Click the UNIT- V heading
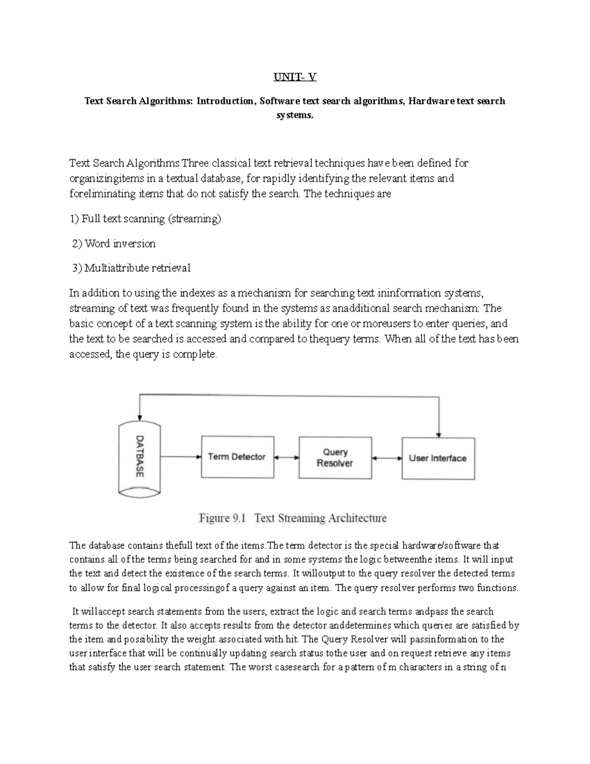(x=295, y=77)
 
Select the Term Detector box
(x=237, y=457)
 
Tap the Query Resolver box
(x=335, y=458)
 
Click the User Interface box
(x=438, y=458)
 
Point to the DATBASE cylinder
(x=140, y=457)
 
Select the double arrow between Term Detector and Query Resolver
(x=286, y=457)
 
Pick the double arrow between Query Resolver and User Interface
(x=386, y=458)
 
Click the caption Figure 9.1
(x=221, y=518)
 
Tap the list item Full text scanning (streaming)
(x=146, y=219)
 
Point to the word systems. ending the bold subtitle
(x=295, y=116)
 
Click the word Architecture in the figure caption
(x=357, y=518)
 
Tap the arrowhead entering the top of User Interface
(x=439, y=434)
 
